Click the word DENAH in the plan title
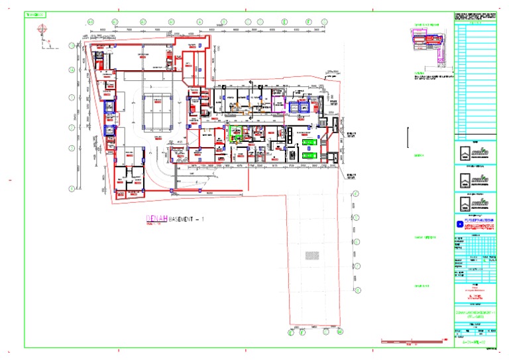(157, 219)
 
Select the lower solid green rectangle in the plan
(310, 154)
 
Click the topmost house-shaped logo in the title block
(475, 152)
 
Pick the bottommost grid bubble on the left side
(72, 189)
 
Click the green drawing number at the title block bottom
(475, 341)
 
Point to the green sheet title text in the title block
(475, 312)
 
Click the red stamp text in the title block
(475, 288)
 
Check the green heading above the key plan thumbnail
(427, 25)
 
